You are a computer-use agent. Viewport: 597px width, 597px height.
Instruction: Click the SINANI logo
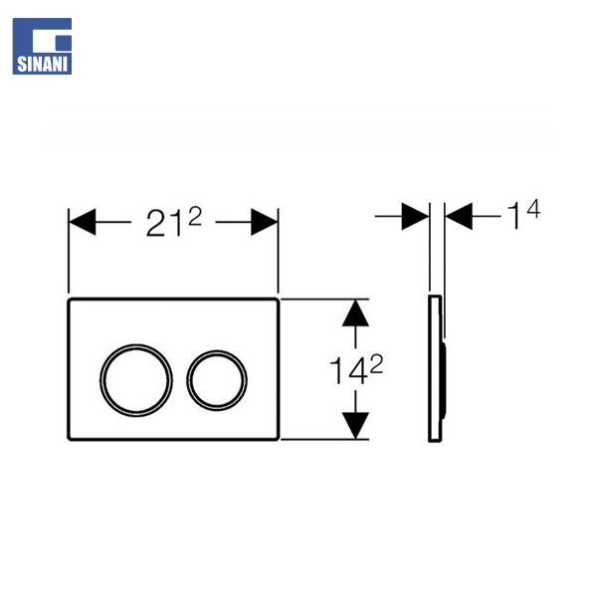click(x=42, y=46)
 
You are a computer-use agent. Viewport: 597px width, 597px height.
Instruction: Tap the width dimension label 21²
click(x=173, y=222)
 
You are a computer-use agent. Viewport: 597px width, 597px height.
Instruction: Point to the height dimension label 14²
click(x=356, y=369)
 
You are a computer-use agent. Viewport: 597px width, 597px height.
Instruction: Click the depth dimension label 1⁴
click(x=524, y=214)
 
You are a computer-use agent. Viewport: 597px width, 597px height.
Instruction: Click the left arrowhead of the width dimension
click(x=83, y=222)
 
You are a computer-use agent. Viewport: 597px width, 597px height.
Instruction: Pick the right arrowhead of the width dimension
click(x=265, y=222)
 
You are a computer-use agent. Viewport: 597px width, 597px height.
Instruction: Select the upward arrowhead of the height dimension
click(x=355, y=313)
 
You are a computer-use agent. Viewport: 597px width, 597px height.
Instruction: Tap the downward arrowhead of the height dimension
click(x=355, y=426)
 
